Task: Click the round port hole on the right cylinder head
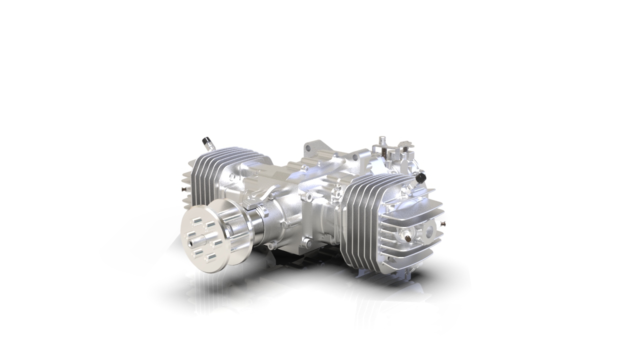[x=428, y=231]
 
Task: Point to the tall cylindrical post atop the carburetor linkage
[x=382, y=140]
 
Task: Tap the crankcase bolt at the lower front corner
[x=284, y=225]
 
